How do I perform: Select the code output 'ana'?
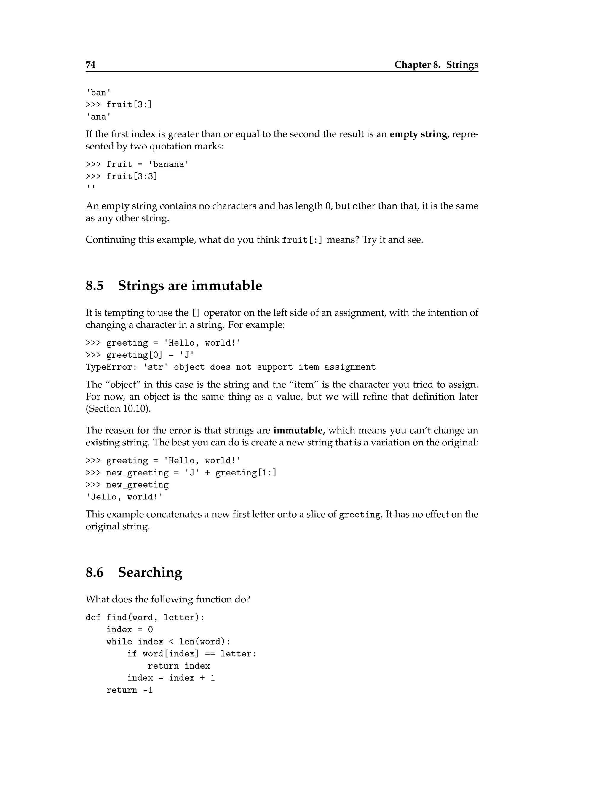[x=98, y=117]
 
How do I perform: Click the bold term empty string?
[x=418, y=134]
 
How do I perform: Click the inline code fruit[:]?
[x=302, y=240]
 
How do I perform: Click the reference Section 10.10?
[x=118, y=409]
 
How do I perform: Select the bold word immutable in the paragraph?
[x=298, y=430]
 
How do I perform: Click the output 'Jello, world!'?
[x=124, y=497]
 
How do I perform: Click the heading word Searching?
[x=150, y=572]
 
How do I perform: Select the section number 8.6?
[x=95, y=572]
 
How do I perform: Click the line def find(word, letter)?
[x=145, y=618]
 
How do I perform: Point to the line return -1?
[x=130, y=690]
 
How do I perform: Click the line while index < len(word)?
[x=168, y=642]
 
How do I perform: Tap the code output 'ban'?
[x=98, y=93]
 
